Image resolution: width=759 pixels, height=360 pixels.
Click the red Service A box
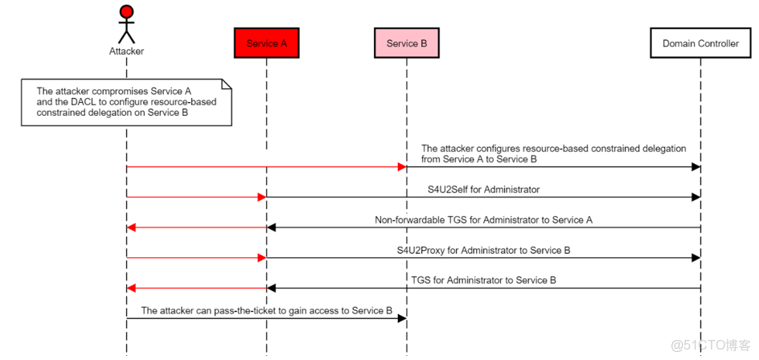(x=266, y=43)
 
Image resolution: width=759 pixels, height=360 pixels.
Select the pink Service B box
(x=407, y=43)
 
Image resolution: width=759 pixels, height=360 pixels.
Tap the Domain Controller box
(x=700, y=43)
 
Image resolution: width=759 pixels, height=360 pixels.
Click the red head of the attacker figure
(x=126, y=11)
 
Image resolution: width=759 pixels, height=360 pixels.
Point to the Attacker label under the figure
(x=126, y=51)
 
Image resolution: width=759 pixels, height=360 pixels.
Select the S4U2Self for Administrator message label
(x=483, y=190)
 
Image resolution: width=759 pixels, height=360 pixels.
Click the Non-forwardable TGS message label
(x=483, y=219)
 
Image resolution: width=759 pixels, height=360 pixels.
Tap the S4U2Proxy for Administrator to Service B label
(x=483, y=250)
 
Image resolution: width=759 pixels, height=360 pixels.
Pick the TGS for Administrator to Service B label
(x=483, y=280)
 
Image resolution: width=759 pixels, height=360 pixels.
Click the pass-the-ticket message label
(x=266, y=310)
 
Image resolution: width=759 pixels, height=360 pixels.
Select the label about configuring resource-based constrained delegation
(x=553, y=153)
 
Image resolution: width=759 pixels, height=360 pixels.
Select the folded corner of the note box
(x=226, y=84)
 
